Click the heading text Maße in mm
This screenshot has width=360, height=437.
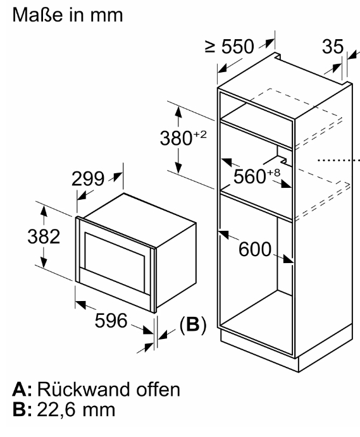coord(68,15)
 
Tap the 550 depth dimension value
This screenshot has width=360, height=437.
coord(238,47)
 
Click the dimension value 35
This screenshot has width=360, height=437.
coord(333,46)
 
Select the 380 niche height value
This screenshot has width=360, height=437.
coord(176,138)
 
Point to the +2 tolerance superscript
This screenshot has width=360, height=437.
coord(200,134)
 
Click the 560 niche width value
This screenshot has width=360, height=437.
coord(250,176)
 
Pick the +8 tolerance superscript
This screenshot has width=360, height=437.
coord(273,172)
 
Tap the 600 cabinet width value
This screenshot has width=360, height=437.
coord(255,249)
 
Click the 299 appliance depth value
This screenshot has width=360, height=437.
coord(88,178)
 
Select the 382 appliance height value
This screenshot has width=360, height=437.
coord(44,237)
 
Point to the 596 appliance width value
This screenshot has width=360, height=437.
coord(111,320)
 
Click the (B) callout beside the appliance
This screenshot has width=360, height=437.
coord(193,324)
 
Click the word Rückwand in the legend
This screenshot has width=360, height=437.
coord(84,389)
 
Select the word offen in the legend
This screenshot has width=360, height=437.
coord(158,389)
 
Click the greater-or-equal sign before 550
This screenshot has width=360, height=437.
coord(210,47)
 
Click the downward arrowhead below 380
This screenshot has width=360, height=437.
coord(178,167)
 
